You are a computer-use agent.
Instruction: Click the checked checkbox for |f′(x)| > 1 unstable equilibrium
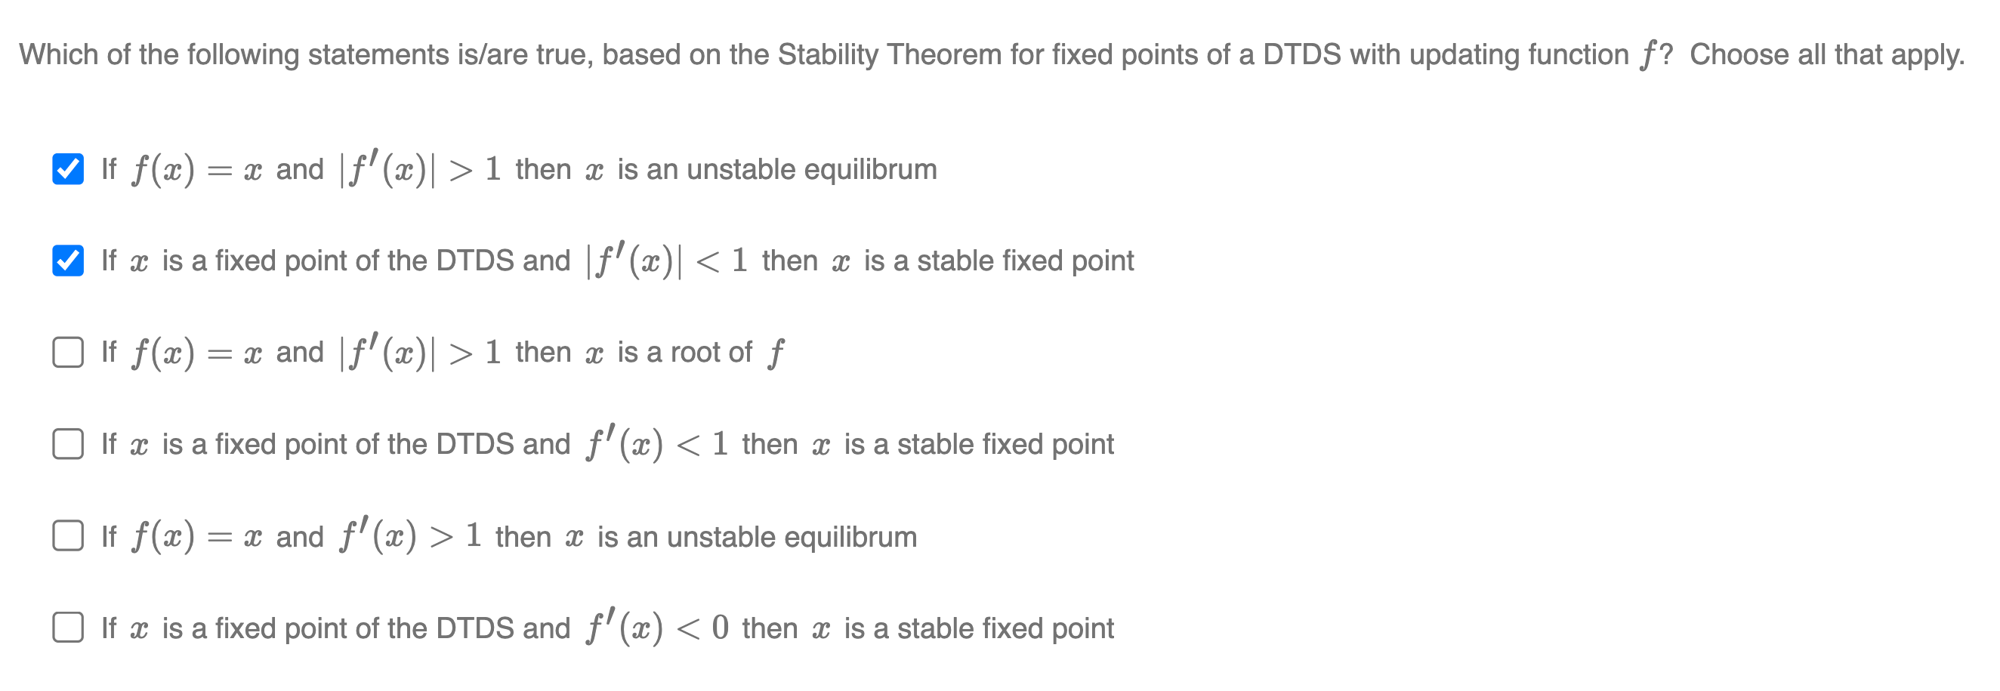coord(68,168)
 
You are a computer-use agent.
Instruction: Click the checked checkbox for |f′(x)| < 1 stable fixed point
coord(68,260)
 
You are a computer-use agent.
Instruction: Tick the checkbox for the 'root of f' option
coord(68,352)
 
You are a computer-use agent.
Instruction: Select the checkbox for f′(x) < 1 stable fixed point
coord(68,444)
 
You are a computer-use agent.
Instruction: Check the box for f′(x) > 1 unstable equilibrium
coord(68,535)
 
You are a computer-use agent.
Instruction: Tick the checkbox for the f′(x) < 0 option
coord(68,628)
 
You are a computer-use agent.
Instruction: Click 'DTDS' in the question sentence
coord(1302,55)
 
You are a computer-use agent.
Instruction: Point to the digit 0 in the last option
coord(720,628)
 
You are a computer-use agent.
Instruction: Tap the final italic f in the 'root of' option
coord(776,353)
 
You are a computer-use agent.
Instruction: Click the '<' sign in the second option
coord(707,261)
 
